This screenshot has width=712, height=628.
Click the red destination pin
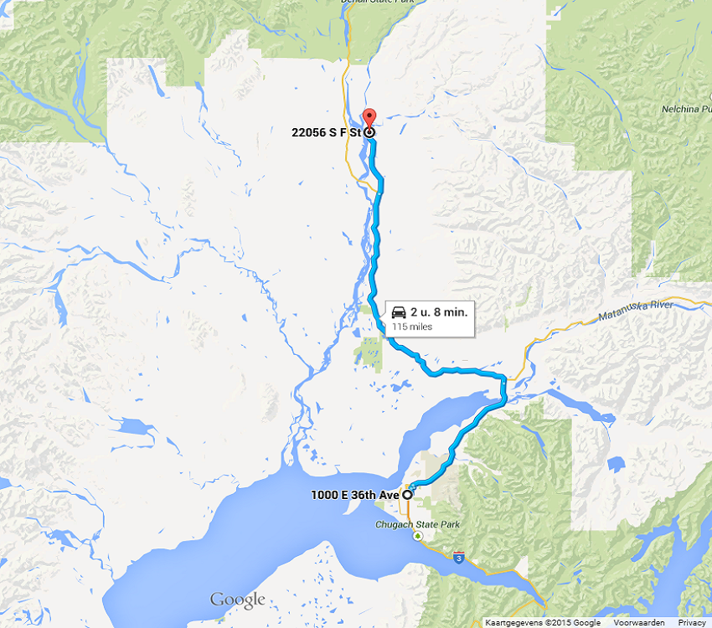pyautogui.click(x=369, y=117)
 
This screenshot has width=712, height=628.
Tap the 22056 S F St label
pyautogui.click(x=332, y=132)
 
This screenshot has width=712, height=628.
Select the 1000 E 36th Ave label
pyautogui.click(x=354, y=495)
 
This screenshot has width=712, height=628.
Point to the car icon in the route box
pyautogui.click(x=399, y=312)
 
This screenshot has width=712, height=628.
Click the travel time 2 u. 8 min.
pyautogui.click(x=439, y=312)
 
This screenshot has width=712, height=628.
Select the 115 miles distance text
pyautogui.click(x=412, y=327)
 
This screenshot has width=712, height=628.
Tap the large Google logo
pyautogui.click(x=237, y=600)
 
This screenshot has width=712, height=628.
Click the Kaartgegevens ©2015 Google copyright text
pyautogui.click(x=543, y=623)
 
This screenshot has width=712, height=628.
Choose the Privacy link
pyautogui.click(x=692, y=623)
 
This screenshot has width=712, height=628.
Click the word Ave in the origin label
pyautogui.click(x=390, y=495)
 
